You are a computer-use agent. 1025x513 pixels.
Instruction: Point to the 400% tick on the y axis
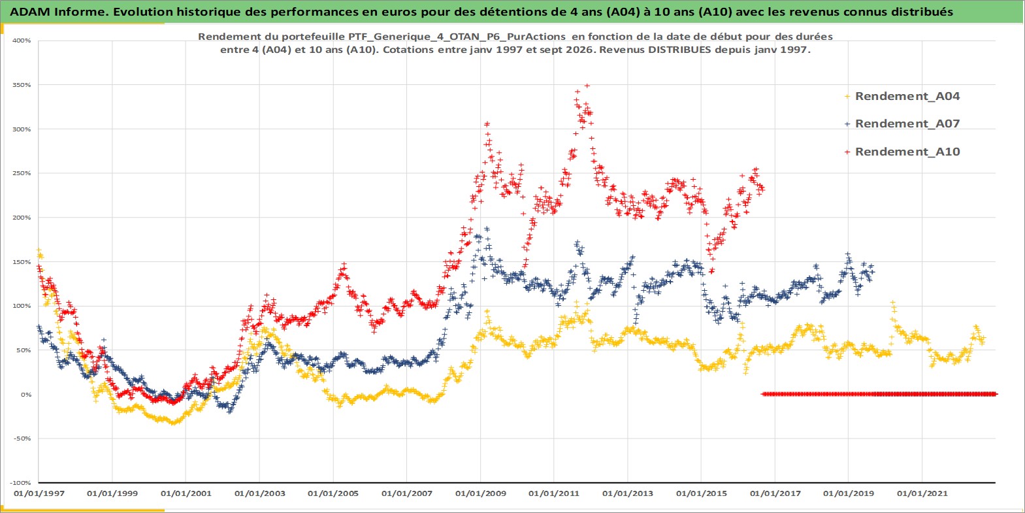coord(22,41)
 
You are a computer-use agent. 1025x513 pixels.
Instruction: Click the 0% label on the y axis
coord(26,395)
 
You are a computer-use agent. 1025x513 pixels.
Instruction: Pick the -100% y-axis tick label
coord(21,483)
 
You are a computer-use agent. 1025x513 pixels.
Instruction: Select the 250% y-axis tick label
coord(22,173)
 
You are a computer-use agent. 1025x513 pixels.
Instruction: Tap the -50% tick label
coord(22,439)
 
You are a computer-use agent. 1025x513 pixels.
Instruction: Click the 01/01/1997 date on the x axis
coord(39,494)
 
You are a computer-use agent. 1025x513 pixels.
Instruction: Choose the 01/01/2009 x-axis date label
coord(480,494)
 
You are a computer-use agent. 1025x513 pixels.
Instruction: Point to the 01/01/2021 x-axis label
coord(922,494)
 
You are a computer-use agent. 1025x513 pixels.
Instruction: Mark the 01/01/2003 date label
coord(259,494)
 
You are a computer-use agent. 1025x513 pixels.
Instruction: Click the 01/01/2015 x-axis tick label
coord(701,494)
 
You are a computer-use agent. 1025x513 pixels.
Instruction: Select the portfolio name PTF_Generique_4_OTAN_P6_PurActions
coord(457,37)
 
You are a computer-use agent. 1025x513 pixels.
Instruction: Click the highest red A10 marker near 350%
coord(587,86)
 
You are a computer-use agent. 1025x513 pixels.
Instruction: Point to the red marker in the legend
coord(847,152)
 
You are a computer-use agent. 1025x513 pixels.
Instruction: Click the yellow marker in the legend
coord(847,97)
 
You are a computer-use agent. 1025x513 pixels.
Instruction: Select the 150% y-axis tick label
coord(22,262)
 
